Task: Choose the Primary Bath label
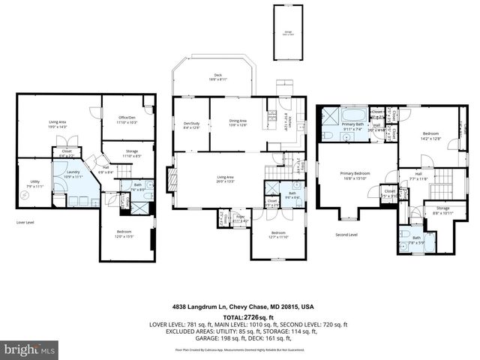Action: (353, 127)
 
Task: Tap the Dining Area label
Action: (238, 122)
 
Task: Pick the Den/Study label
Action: (191, 124)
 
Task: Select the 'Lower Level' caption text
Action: (25, 223)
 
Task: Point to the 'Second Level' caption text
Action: (346, 235)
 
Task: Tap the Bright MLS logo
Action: (29, 349)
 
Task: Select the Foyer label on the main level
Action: (241, 218)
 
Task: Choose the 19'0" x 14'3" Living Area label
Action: (58, 123)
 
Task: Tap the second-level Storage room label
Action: (442, 211)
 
